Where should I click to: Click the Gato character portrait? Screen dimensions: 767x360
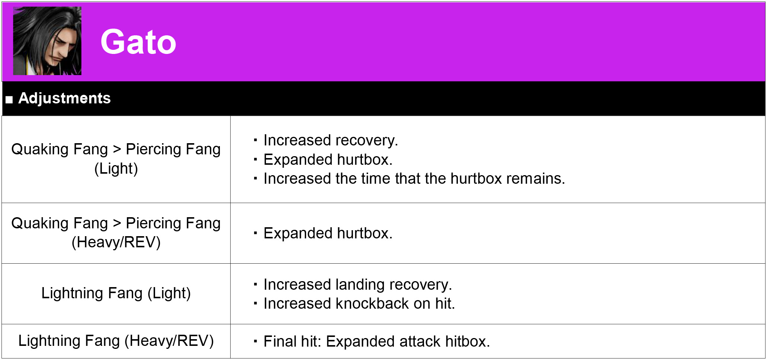tap(47, 41)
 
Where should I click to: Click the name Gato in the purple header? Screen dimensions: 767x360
tap(138, 42)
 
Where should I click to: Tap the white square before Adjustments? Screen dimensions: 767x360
tap(9, 99)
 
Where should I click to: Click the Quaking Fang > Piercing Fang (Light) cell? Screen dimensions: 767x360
tap(116, 159)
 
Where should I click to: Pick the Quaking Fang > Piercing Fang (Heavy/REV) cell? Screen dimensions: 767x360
tap(116, 233)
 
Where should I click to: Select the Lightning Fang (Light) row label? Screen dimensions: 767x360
tap(116, 293)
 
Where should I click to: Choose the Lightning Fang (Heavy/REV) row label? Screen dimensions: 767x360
tap(116, 341)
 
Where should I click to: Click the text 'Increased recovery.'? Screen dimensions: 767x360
tap(331, 140)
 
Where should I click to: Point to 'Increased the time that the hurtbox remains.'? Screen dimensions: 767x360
tap(414, 179)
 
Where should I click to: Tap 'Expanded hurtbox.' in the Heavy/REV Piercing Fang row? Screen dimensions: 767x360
tap(328, 233)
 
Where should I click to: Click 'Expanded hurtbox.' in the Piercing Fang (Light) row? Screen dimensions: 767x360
tap(328, 160)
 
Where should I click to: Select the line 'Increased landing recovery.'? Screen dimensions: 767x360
tap(358, 285)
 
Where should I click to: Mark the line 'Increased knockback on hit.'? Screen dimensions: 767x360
tap(359, 303)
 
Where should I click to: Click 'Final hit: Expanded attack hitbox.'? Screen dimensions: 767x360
tap(377, 341)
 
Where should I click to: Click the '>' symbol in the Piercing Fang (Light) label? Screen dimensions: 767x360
tap(117, 150)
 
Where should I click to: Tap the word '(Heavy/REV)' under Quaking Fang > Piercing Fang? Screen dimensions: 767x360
tap(116, 242)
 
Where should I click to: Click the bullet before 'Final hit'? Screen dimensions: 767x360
tap(255, 341)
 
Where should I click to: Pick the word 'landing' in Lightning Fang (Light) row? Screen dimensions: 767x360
tap(360, 285)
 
